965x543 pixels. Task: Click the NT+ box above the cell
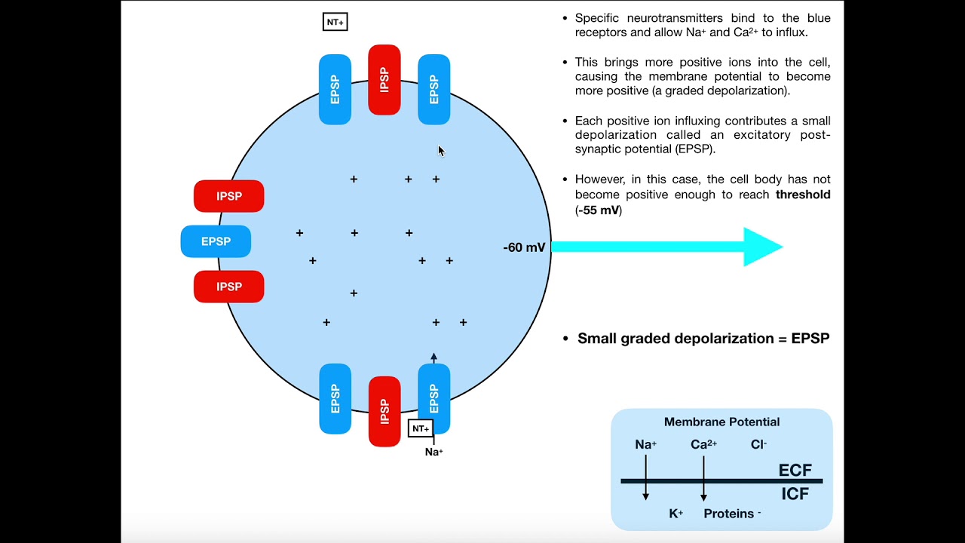pos(335,22)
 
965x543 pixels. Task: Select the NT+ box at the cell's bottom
pos(421,428)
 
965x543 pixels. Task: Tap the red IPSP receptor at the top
pos(384,80)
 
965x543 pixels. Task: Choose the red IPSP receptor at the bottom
pos(384,411)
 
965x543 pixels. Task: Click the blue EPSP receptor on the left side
pos(216,241)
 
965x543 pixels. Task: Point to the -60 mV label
pos(524,247)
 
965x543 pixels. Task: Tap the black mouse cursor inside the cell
pos(441,151)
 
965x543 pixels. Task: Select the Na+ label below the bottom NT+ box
pos(434,452)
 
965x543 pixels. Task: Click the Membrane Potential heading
pos(721,422)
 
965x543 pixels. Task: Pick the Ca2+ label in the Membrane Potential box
pos(703,445)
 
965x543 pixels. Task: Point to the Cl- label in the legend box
pos(758,445)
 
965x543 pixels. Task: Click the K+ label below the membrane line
pos(676,514)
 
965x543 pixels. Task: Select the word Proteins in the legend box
pos(729,514)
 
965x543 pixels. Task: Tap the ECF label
pos(795,471)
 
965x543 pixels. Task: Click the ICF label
pos(795,495)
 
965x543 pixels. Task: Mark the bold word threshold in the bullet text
pos(803,195)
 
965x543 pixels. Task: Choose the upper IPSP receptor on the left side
pos(229,196)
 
